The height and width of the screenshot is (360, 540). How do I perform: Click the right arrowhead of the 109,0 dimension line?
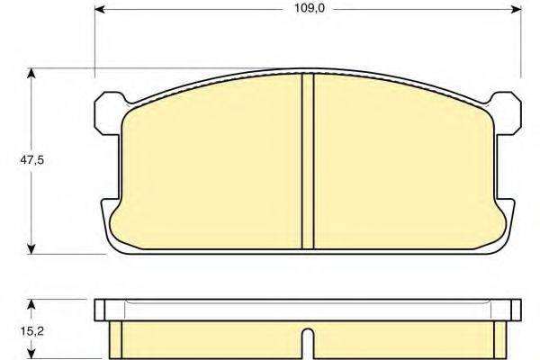[517, 10]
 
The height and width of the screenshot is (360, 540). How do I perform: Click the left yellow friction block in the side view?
[207, 340]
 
